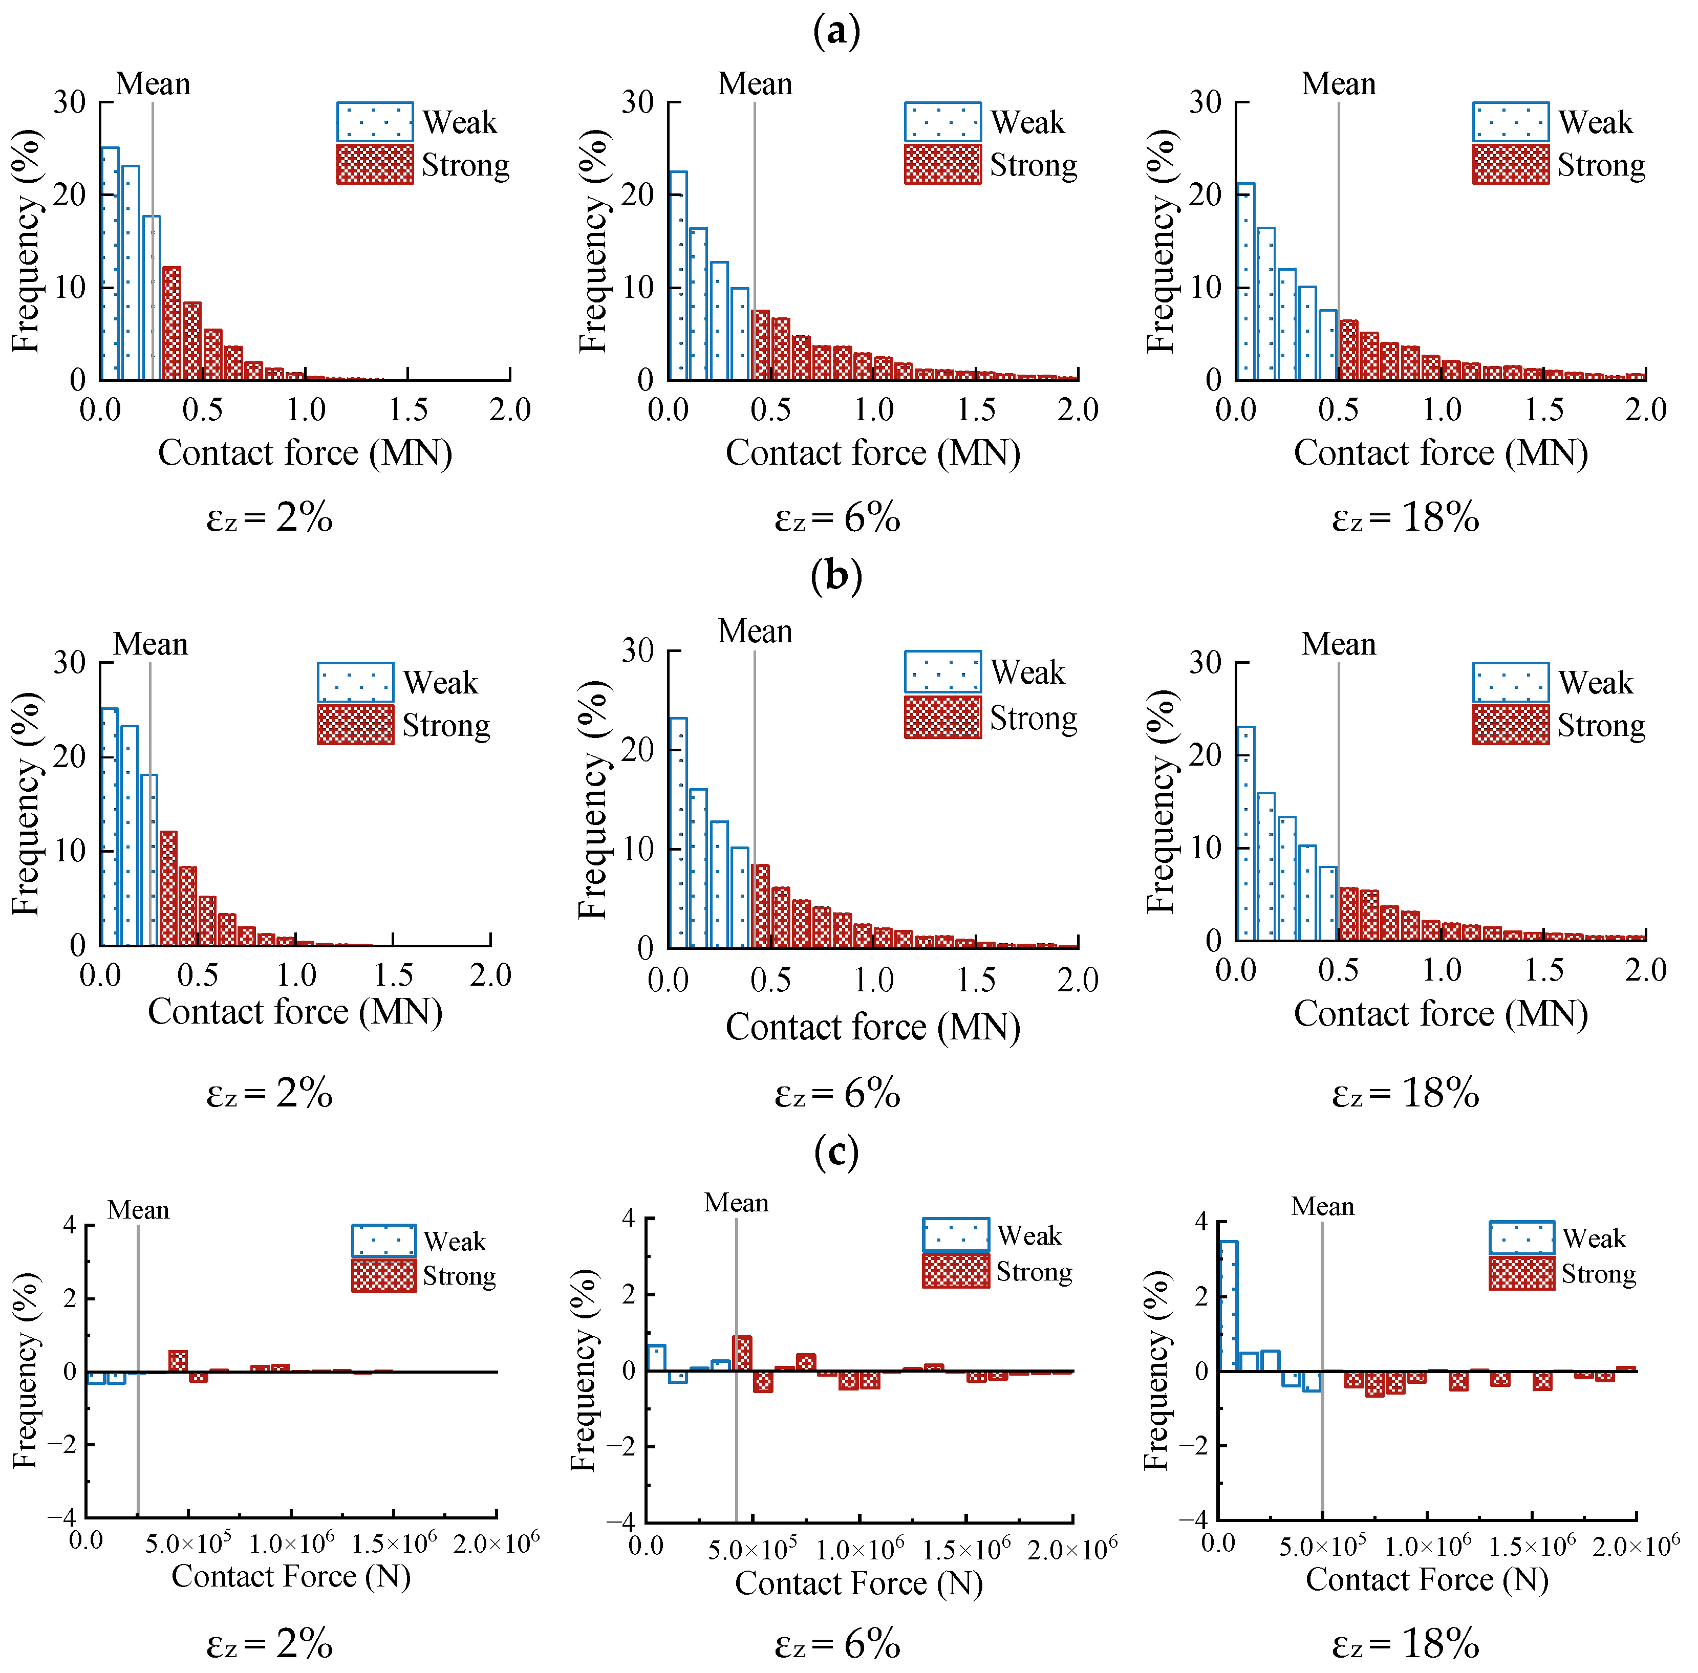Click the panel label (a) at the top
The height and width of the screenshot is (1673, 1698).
(836, 32)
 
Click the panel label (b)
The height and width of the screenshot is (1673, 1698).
(836, 576)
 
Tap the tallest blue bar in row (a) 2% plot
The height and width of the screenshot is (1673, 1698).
(110, 264)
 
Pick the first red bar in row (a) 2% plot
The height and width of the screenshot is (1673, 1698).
(171, 323)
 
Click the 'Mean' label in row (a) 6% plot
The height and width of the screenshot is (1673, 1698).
(755, 84)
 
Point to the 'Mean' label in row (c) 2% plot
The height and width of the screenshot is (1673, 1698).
(138, 1211)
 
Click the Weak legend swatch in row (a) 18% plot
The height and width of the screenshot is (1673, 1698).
(1510, 122)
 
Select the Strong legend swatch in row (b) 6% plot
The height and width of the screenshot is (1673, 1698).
(942, 717)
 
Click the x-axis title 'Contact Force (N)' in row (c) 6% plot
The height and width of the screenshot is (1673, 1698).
(858, 1583)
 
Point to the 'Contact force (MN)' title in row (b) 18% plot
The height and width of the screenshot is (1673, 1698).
(1441, 1014)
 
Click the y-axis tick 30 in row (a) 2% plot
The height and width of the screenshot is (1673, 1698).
(70, 103)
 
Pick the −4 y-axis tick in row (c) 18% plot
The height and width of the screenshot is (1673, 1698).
(1193, 1519)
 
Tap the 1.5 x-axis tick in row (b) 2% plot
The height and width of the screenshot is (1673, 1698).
(393, 975)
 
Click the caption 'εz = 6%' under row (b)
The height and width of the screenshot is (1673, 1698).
(836, 1095)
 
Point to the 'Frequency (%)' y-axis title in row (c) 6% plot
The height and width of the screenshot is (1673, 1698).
(584, 1371)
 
